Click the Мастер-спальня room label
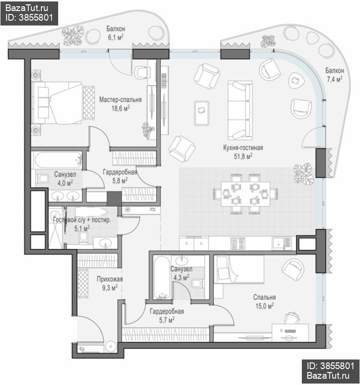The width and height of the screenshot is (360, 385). [120, 100]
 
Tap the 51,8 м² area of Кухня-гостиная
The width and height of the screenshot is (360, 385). [243, 156]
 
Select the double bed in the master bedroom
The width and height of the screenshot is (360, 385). [60, 103]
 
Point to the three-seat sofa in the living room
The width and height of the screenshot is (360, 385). [240, 111]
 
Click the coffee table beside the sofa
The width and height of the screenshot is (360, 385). [202, 113]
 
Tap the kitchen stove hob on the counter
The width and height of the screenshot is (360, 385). [237, 244]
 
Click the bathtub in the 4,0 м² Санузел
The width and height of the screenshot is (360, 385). [58, 160]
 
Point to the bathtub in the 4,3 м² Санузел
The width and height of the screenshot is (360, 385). [161, 278]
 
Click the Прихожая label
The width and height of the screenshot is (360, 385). [110, 279]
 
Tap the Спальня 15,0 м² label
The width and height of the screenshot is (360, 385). [264, 302]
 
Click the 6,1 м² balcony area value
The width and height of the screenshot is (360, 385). [115, 38]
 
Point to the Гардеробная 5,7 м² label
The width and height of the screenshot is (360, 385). [167, 316]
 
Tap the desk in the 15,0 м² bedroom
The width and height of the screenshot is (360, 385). [290, 333]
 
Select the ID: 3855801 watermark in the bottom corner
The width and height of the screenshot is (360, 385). [331, 366]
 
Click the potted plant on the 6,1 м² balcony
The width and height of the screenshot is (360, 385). [73, 36]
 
